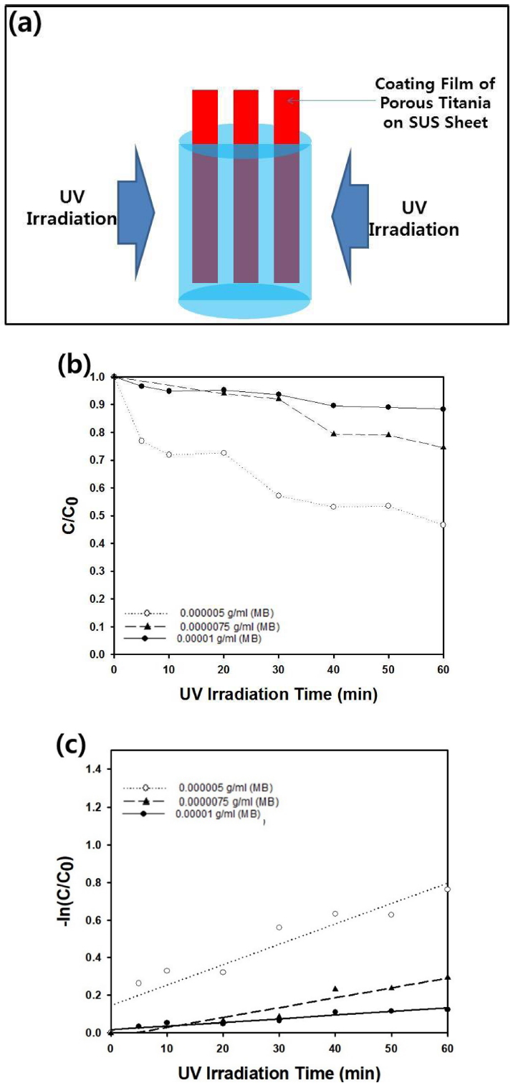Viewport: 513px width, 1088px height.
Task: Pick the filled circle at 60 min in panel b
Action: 443,409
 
